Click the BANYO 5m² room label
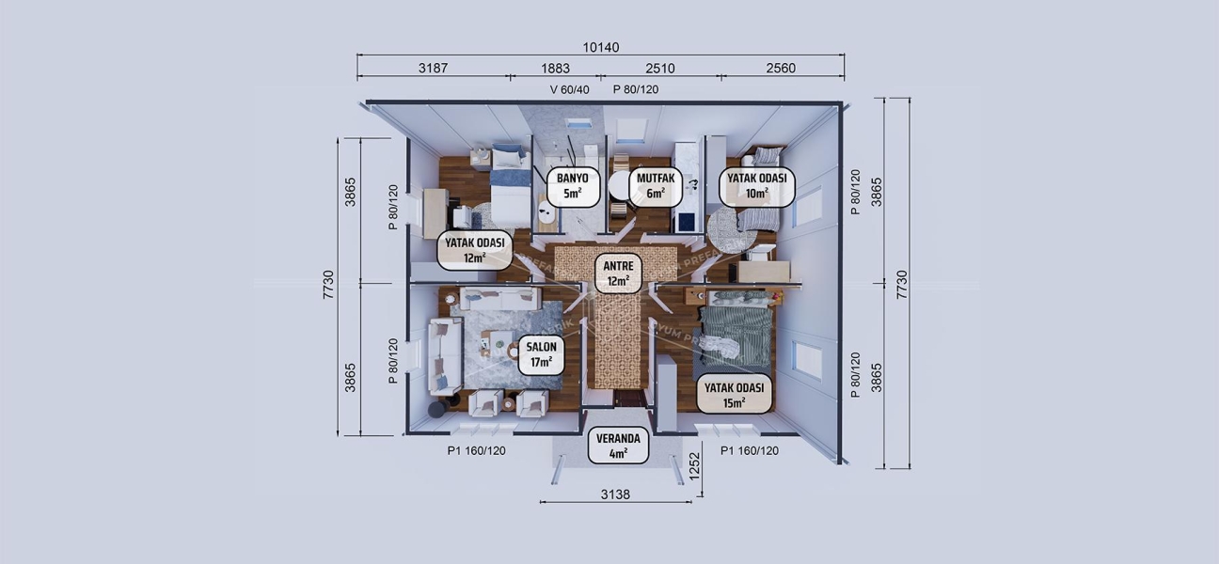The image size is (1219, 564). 573,186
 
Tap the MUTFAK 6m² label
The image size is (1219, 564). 656,186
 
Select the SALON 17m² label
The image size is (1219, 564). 540,354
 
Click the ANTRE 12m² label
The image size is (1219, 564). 618,272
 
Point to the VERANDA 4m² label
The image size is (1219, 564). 618,446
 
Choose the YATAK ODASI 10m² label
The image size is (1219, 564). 757,186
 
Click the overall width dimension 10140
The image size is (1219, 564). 601,47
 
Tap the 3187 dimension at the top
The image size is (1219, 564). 432,69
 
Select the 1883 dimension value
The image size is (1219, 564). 555,69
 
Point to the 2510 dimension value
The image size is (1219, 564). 658,69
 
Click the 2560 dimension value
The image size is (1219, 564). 781,69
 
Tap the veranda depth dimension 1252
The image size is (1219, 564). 696,465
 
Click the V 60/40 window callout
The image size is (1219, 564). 569,90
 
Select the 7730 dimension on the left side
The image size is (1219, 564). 328,284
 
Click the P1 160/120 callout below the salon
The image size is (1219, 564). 476,451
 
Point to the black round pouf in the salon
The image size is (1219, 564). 437,410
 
